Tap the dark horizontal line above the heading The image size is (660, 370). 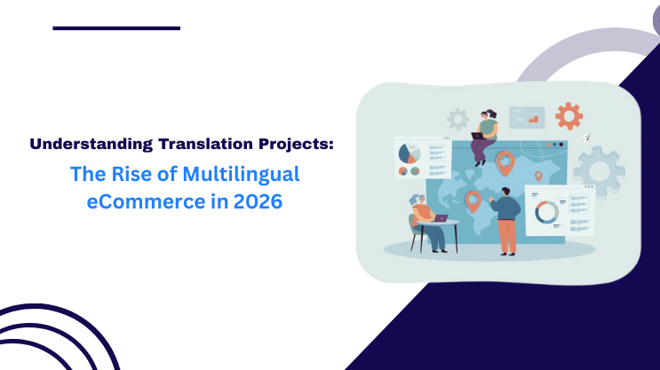116,28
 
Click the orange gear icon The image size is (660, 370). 568,115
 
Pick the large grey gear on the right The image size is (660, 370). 598,169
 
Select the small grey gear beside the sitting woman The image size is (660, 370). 457,118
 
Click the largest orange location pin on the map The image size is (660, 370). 505,162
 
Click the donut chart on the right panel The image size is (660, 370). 545,211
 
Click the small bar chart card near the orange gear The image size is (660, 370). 527,117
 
